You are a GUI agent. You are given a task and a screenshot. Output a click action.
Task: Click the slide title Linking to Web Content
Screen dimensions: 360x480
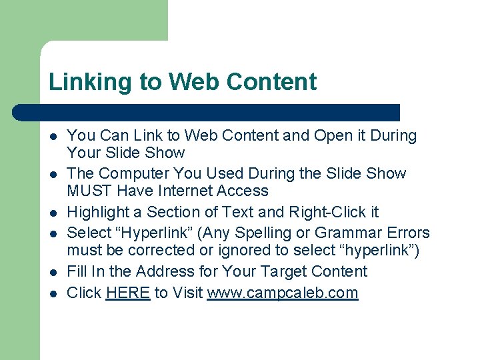(x=183, y=82)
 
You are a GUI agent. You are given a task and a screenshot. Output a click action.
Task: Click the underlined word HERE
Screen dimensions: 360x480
(x=128, y=293)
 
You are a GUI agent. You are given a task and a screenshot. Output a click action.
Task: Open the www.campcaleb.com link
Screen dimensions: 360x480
(x=283, y=293)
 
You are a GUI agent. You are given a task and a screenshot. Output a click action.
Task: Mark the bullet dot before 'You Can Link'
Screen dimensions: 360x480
(x=53, y=137)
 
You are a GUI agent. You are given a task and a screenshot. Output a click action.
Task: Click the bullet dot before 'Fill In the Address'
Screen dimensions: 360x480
(x=53, y=273)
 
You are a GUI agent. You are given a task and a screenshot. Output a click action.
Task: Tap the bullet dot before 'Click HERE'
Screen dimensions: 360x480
(x=53, y=294)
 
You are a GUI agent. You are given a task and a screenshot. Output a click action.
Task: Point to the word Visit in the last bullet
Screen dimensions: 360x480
(x=187, y=293)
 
